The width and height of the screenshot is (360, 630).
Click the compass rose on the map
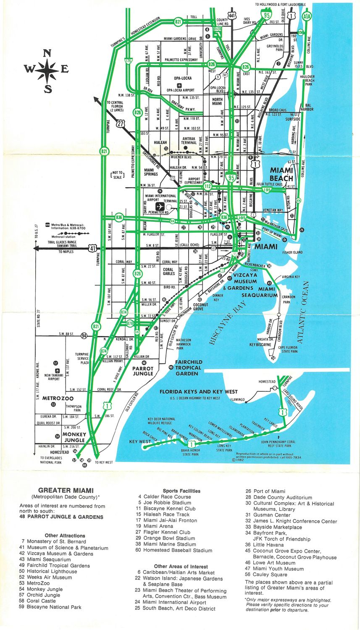point(47,71)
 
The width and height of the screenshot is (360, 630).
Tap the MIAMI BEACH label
point(281,174)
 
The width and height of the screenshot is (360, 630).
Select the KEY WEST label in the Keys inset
point(140,441)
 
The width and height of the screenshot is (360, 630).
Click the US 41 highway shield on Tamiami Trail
point(93,248)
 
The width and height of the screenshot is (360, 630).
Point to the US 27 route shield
point(121,123)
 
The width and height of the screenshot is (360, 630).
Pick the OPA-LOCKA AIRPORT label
point(181,90)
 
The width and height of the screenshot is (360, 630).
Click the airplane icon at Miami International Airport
point(160,207)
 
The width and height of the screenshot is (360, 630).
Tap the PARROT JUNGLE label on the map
point(143,371)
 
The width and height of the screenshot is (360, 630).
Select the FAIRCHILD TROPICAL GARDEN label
point(189,367)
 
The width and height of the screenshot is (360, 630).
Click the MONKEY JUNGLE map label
point(74,437)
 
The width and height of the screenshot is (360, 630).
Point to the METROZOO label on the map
point(58,398)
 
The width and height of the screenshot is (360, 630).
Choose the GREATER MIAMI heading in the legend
point(66,490)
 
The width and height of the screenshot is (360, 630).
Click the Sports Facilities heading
point(181,491)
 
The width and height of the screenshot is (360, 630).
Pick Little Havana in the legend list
point(267,545)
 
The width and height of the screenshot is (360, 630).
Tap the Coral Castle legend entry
point(41,601)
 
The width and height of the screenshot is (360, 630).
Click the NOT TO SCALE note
point(117,175)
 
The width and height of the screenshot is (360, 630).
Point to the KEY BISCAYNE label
point(260,344)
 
